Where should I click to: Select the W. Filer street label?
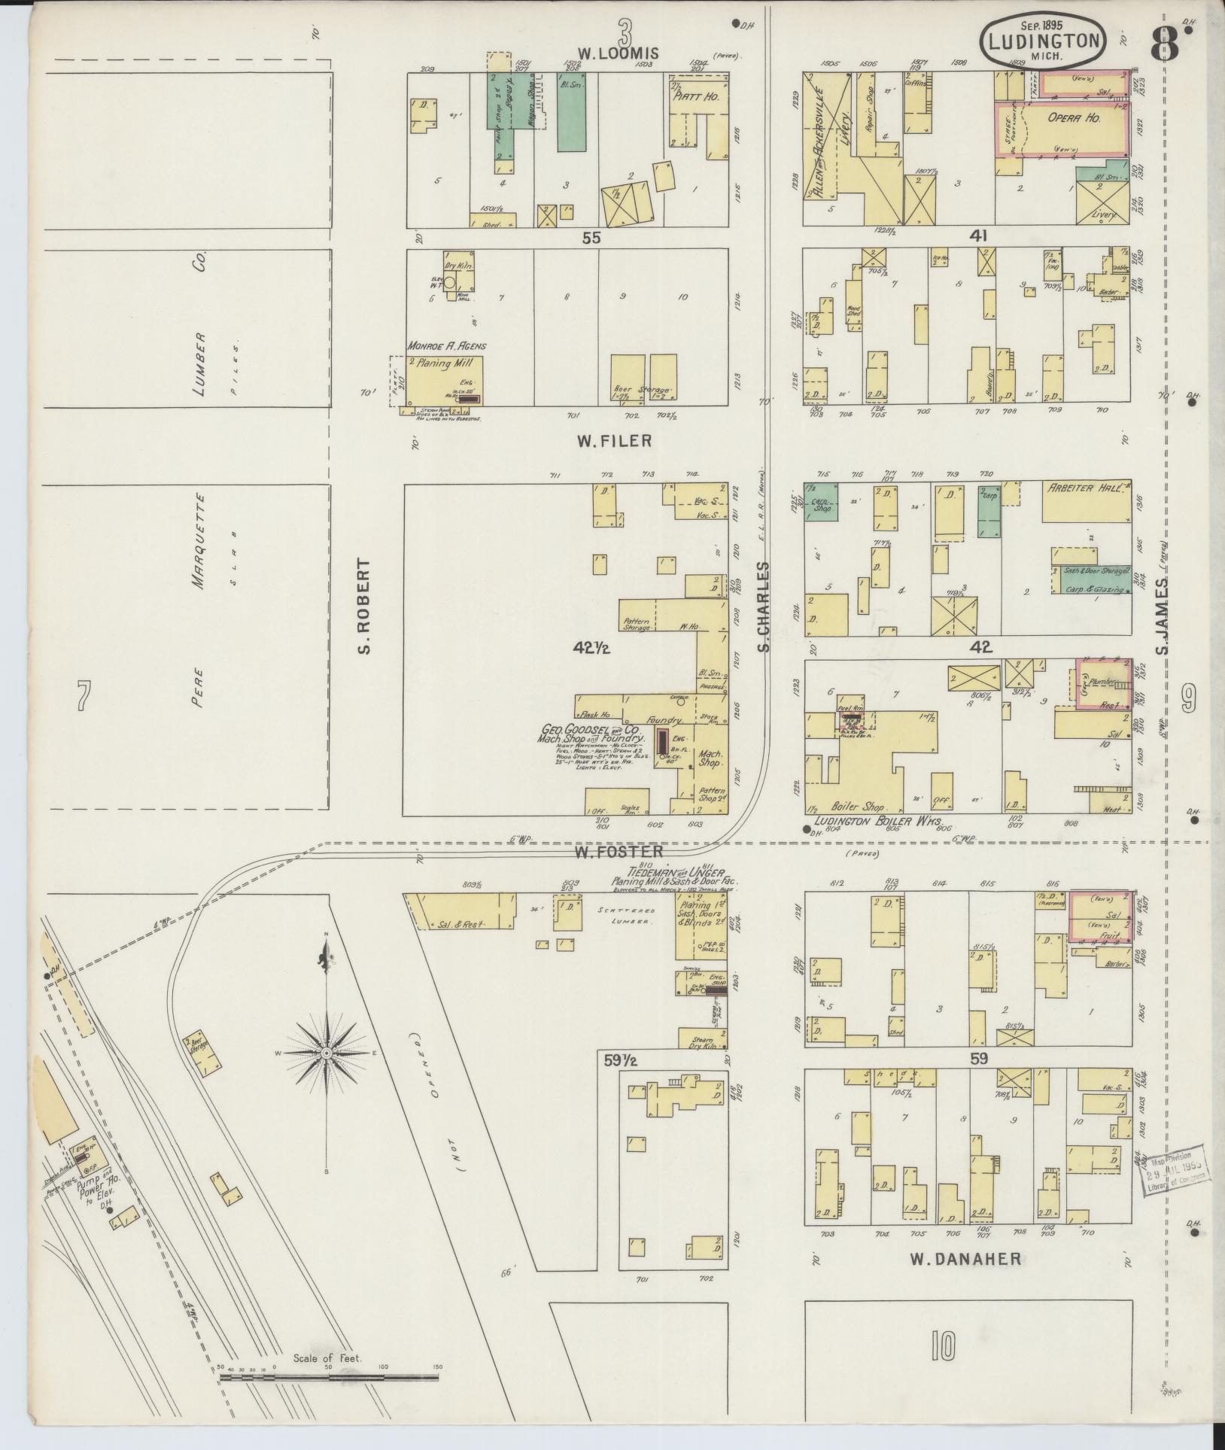click(x=615, y=442)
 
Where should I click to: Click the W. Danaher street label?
click(x=965, y=1258)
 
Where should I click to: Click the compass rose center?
click(x=327, y=1053)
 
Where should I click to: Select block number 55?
click(x=592, y=238)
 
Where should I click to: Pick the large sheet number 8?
click(x=1165, y=44)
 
